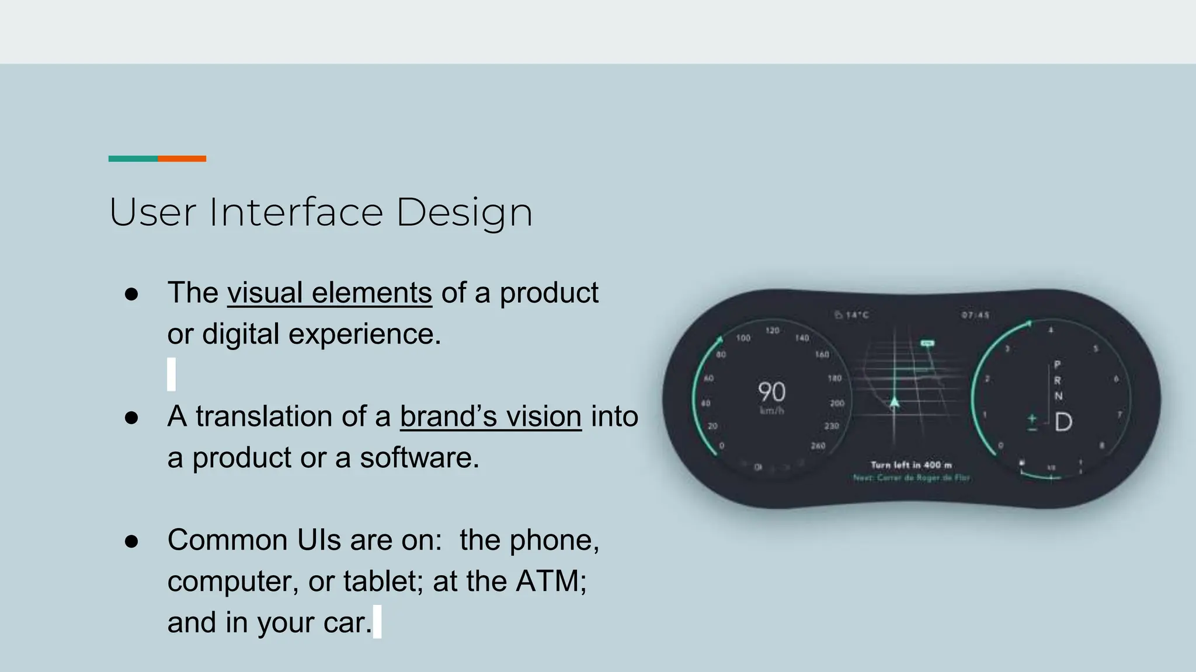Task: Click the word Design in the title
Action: pos(464,213)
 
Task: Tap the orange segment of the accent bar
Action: pos(182,159)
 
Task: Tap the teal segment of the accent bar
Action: pos(133,159)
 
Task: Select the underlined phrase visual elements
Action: pos(329,293)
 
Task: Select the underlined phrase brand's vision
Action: pos(491,417)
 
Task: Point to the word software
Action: pos(419,458)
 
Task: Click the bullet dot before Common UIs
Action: pos(131,541)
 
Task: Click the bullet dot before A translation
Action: pos(131,418)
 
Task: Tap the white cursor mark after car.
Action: pos(377,622)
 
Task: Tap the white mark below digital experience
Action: pos(171,374)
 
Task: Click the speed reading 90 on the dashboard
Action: pos(771,392)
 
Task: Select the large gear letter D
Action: pos(1063,422)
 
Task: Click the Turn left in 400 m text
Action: pos(911,465)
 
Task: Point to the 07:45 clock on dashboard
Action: pos(975,315)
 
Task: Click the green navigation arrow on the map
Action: pos(894,402)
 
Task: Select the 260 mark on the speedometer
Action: pos(818,446)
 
